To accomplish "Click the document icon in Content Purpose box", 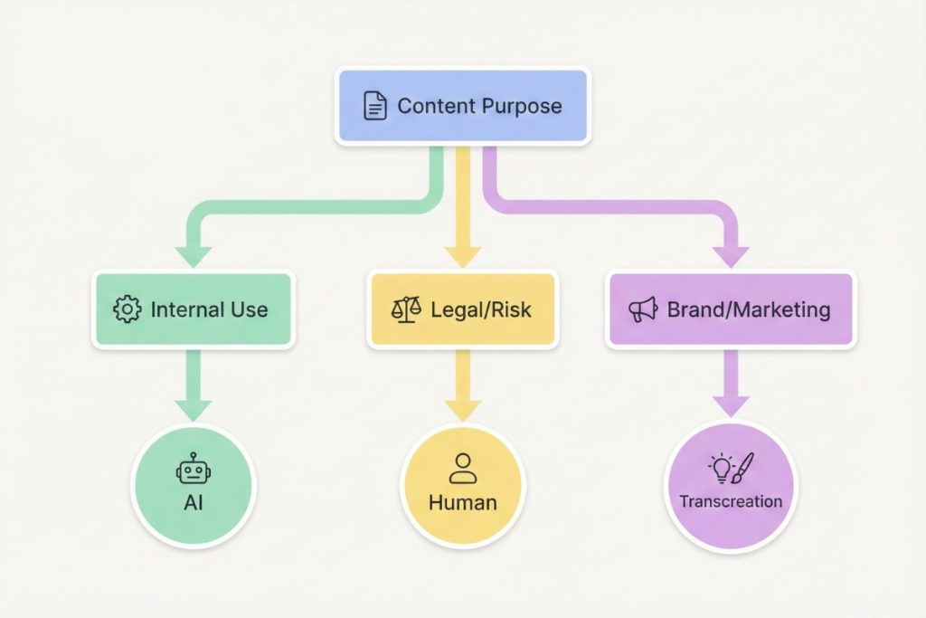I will [x=374, y=106].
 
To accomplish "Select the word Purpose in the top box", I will [x=521, y=106].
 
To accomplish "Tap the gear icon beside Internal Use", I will [x=128, y=309].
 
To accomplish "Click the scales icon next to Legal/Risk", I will [x=406, y=309].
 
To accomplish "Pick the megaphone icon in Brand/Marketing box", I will [x=643, y=309].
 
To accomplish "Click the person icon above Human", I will [x=462, y=468].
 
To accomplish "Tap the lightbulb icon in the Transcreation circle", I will [x=720, y=469].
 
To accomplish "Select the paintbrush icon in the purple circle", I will [x=743, y=467].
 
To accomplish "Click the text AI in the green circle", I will [x=193, y=502].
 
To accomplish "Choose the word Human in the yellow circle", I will [x=462, y=502].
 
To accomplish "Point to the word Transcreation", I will [x=731, y=501].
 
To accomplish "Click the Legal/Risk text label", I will [x=480, y=309].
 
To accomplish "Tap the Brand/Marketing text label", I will [x=748, y=309].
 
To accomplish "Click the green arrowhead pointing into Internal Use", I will [x=193, y=257].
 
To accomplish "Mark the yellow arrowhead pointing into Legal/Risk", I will [x=462, y=255].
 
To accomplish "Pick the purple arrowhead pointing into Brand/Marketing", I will [x=731, y=256].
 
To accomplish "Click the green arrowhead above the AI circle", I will [x=193, y=408].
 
